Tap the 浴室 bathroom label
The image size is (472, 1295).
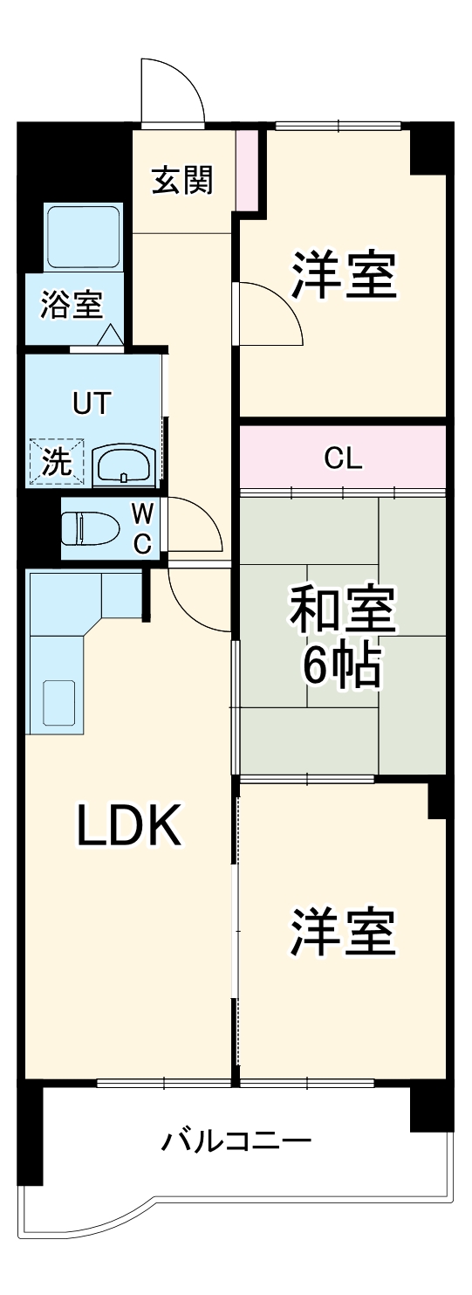pos(72,305)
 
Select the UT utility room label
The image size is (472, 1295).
pos(92,403)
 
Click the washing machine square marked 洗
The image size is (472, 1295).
pos(57,461)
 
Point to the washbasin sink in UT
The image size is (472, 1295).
pos(124,465)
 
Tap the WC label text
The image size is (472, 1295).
pos(141,528)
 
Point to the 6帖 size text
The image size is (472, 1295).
pos(341,669)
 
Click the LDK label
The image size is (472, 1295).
pos(131,825)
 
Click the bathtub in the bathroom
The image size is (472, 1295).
pos(83,238)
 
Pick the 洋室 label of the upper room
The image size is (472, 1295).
pos(344,276)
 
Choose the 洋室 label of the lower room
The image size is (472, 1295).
pos(344,932)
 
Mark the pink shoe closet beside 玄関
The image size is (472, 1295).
pos(249,170)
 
